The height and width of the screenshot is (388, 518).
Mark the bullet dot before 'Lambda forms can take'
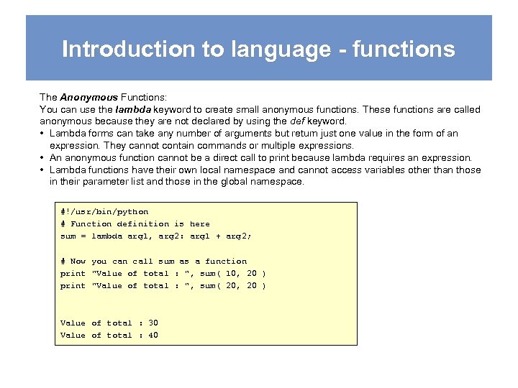[x=43, y=134]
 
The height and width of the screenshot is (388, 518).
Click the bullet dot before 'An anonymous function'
[x=43, y=158]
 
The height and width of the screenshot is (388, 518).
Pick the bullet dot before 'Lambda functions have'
[x=43, y=170]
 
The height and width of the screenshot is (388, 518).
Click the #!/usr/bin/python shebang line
[x=104, y=212]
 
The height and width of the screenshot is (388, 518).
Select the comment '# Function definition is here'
[x=135, y=224]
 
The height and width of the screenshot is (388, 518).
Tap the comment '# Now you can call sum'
[x=153, y=262]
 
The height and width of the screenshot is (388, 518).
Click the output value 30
[x=153, y=323]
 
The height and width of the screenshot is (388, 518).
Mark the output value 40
[x=153, y=336]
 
